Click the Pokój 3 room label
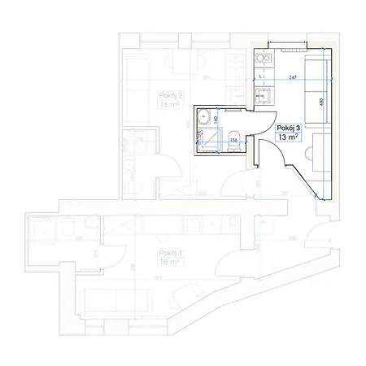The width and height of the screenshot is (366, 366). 289,129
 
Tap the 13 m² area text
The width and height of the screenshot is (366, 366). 287,138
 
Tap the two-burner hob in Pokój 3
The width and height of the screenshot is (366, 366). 263,58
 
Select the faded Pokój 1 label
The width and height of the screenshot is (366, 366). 170,254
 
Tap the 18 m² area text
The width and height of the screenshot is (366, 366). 169,264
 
